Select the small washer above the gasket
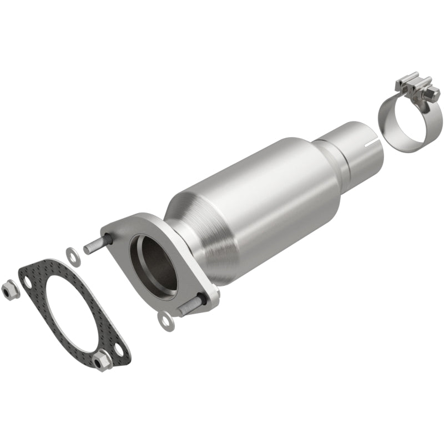tap(72, 255)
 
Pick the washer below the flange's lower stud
tap(165, 321)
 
